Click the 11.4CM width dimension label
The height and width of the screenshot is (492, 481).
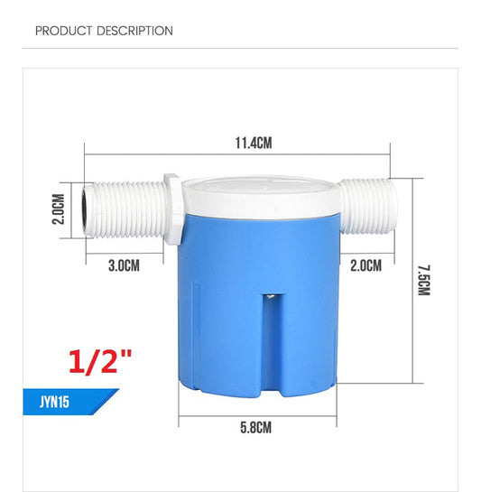(254, 143)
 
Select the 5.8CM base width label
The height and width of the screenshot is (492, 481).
(257, 428)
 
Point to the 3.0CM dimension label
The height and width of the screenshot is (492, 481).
(124, 265)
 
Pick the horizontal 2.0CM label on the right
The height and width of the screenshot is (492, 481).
(365, 265)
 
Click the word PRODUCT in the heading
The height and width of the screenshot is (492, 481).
(63, 31)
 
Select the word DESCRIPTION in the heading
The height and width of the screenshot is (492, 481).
(134, 31)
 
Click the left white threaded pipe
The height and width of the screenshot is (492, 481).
(122, 212)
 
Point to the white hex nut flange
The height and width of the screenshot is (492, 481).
(171, 209)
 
